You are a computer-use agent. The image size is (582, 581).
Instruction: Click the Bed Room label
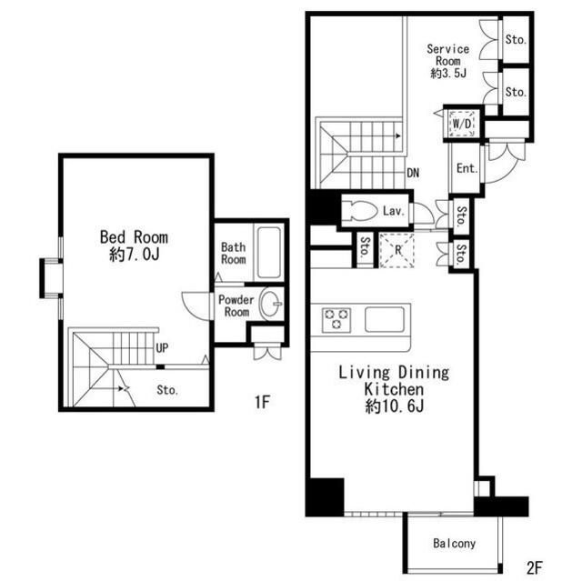pyautogui.click(x=134, y=237)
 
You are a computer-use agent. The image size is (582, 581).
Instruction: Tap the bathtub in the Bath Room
pyautogui.click(x=269, y=252)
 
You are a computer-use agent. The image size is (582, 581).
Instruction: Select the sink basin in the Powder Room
pyautogui.click(x=271, y=304)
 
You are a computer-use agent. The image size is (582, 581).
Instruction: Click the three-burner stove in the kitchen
pyautogui.click(x=336, y=319)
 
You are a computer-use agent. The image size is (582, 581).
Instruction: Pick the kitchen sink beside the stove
pyautogui.click(x=384, y=319)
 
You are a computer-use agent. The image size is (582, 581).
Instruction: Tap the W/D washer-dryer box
pyautogui.click(x=462, y=123)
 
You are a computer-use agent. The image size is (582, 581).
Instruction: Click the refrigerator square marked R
pyautogui.click(x=396, y=250)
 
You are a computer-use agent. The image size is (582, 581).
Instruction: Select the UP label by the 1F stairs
pyautogui.click(x=162, y=348)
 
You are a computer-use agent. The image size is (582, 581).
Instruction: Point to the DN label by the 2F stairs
pyautogui.click(x=413, y=173)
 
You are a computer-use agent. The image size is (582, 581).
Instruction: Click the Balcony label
pyautogui.click(x=455, y=544)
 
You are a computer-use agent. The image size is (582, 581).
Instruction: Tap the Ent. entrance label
pyautogui.click(x=467, y=168)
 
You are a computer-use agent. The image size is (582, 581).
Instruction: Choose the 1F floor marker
pyautogui.click(x=262, y=402)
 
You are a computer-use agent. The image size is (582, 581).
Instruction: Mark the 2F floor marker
pyautogui.click(x=535, y=567)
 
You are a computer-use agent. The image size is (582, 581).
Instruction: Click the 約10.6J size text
pyautogui.click(x=394, y=406)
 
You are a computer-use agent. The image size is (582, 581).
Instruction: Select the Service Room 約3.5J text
pyautogui.click(x=448, y=61)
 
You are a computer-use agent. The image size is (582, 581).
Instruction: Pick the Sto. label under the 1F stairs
pyautogui.click(x=167, y=390)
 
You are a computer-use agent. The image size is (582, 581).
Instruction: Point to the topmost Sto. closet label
pyautogui.click(x=516, y=39)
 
